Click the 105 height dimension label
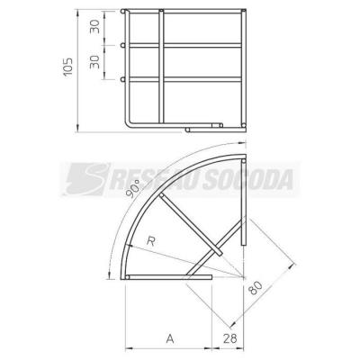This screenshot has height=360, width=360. (68, 67)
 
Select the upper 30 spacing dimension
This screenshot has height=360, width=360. (95, 27)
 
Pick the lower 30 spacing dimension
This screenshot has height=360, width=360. (95, 61)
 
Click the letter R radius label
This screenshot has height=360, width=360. (150, 241)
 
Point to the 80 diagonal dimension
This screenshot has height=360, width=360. (256, 287)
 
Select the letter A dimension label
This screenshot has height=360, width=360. (170, 338)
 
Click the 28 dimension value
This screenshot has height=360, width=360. (229, 338)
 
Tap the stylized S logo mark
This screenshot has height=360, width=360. (87, 179)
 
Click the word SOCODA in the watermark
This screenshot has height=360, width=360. (247, 179)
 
